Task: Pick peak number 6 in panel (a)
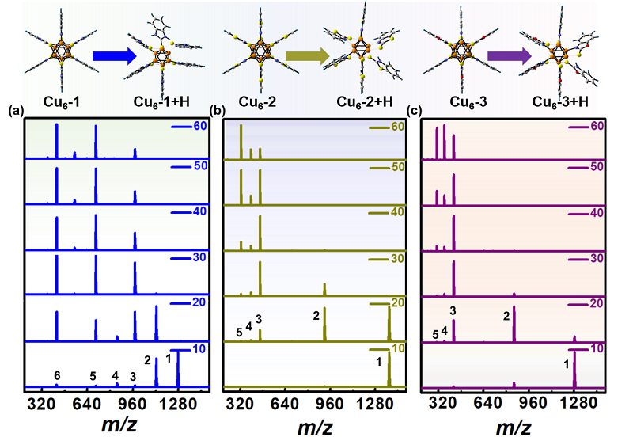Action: click(x=56, y=375)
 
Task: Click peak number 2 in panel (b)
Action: click(x=316, y=316)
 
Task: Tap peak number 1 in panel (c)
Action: click(x=566, y=364)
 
